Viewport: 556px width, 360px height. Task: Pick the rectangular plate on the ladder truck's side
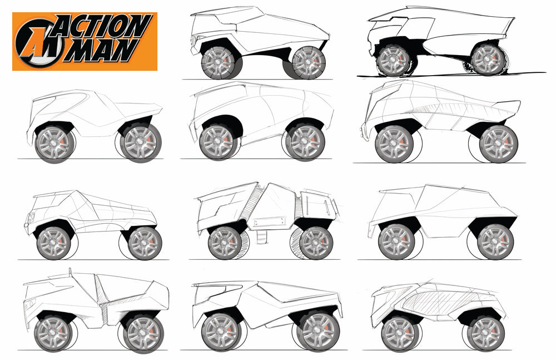tap(270, 223)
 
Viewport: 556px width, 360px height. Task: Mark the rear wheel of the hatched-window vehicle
tap(486, 333)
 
